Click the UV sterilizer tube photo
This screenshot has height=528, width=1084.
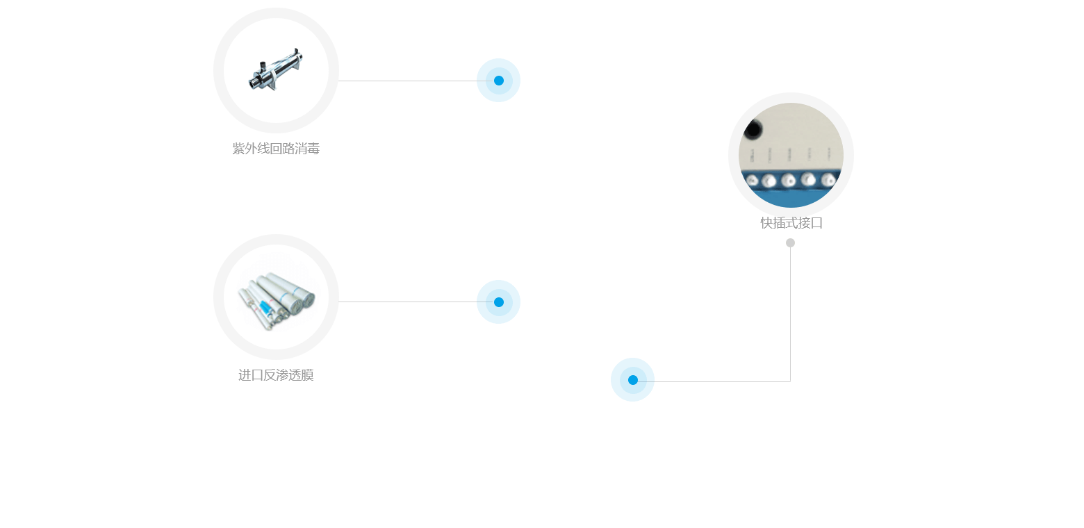(275, 71)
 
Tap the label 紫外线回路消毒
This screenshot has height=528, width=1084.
(276, 149)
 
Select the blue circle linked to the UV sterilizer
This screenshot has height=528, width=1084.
(498, 80)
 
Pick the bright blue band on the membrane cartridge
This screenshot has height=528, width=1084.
(265, 306)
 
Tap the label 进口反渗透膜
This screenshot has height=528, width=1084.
(276, 375)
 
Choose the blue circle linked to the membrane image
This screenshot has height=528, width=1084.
(498, 302)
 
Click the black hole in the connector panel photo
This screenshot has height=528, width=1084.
(753, 129)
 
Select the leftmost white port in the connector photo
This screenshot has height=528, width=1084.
(751, 181)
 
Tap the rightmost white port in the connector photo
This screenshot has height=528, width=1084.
(828, 180)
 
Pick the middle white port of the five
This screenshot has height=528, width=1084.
(788, 181)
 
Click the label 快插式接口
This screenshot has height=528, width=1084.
(791, 223)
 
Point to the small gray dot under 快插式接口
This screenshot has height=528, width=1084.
(790, 242)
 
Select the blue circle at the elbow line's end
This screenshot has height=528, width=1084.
(632, 379)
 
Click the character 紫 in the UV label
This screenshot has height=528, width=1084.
(238, 149)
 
